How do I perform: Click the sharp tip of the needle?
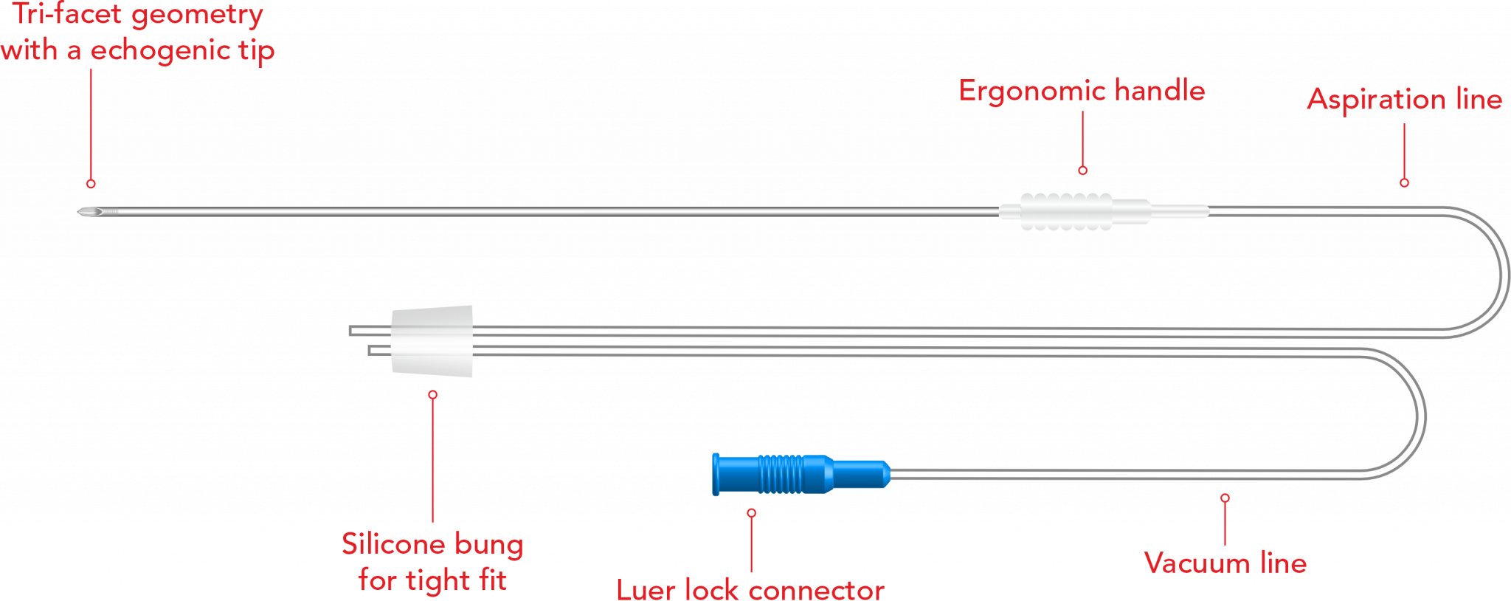(x=78, y=213)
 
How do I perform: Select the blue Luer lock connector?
(x=801, y=474)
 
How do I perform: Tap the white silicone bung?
(x=432, y=341)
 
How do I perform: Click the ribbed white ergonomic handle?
(x=1066, y=212)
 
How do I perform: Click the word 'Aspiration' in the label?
(x=1376, y=100)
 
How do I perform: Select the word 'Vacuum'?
(x=1197, y=563)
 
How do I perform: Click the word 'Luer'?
(x=646, y=591)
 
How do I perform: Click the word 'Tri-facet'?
(x=66, y=15)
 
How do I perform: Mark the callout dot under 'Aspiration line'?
(x=1404, y=182)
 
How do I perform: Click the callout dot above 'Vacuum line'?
(x=1225, y=498)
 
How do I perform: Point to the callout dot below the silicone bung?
(x=432, y=395)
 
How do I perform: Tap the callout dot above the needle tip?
(x=91, y=183)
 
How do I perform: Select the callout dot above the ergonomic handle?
(x=1082, y=171)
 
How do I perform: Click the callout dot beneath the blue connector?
(x=751, y=512)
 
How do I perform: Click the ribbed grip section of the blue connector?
(x=781, y=474)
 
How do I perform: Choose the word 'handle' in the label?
(x=1160, y=91)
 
